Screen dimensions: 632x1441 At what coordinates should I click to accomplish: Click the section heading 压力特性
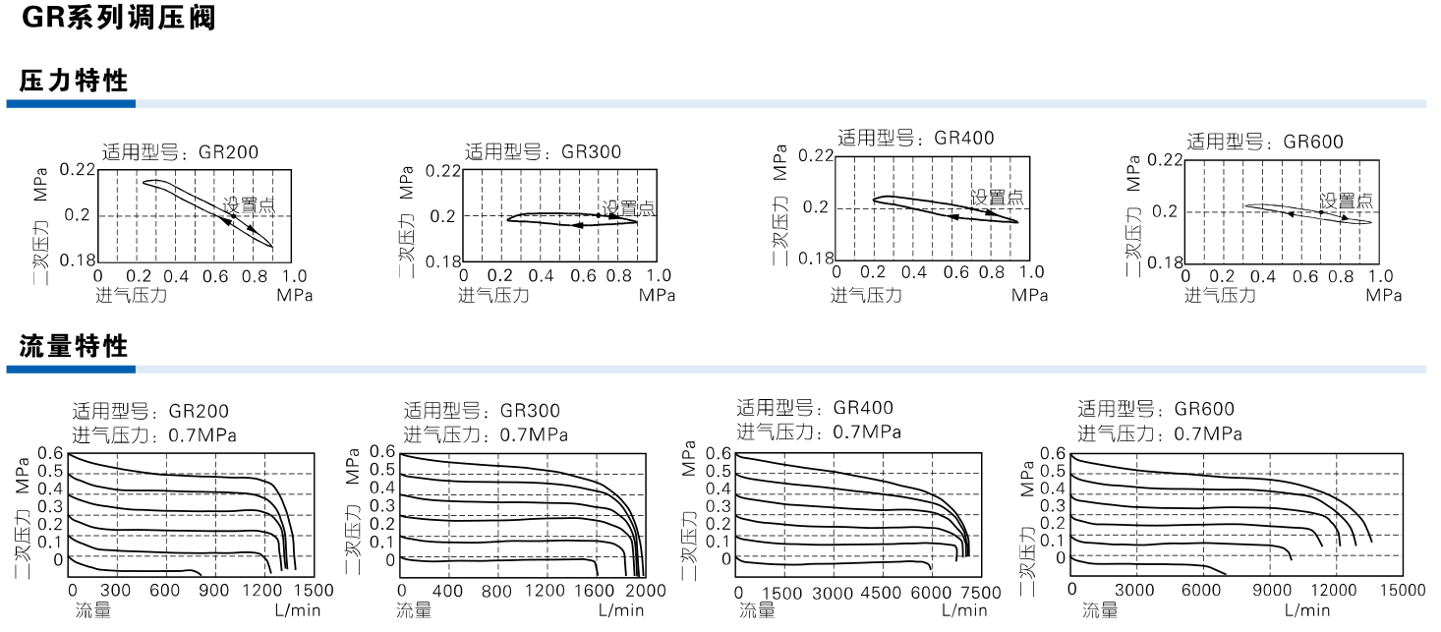coord(74,81)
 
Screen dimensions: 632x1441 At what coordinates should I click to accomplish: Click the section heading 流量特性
coord(74,346)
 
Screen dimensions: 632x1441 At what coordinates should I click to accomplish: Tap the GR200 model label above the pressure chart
coord(181,152)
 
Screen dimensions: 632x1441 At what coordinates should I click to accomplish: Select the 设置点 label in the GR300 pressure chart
coord(629,207)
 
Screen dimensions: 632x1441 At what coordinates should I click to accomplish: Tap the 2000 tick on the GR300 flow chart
coord(646,591)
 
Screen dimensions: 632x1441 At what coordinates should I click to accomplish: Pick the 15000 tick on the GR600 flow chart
coord(1402,590)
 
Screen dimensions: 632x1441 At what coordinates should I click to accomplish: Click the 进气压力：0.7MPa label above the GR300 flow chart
coord(486,434)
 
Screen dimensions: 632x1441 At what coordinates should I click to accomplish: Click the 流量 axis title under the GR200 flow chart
coord(93,610)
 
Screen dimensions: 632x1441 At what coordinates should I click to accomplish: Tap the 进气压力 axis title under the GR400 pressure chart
coord(865,294)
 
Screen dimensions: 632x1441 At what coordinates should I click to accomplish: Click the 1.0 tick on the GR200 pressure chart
coord(294,276)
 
